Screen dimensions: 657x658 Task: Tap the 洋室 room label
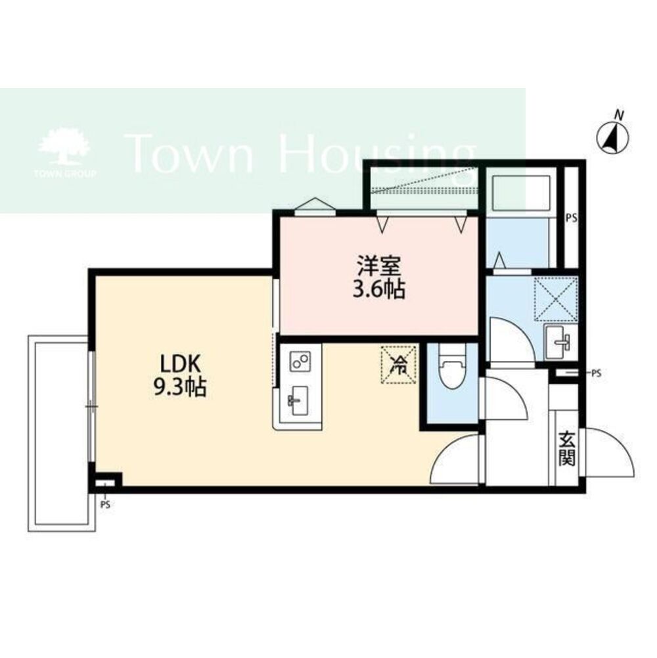[x=379, y=264]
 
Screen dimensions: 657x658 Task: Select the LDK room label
[x=180, y=364]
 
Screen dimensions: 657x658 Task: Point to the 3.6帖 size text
[x=379, y=289]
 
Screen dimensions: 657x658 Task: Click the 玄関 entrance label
[x=566, y=449]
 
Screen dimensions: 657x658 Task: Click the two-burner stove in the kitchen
[x=300, y=361]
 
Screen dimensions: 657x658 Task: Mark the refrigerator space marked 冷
[x=398, y=364]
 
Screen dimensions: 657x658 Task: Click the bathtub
[x=520, y=193]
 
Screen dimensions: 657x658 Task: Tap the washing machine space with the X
[x=555, y=299]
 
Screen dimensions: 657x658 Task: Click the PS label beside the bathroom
[x=572, y=218]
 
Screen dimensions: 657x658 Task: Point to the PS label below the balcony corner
[x=105, y=505]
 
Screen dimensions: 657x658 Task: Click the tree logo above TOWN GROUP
[x=64, y=146]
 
